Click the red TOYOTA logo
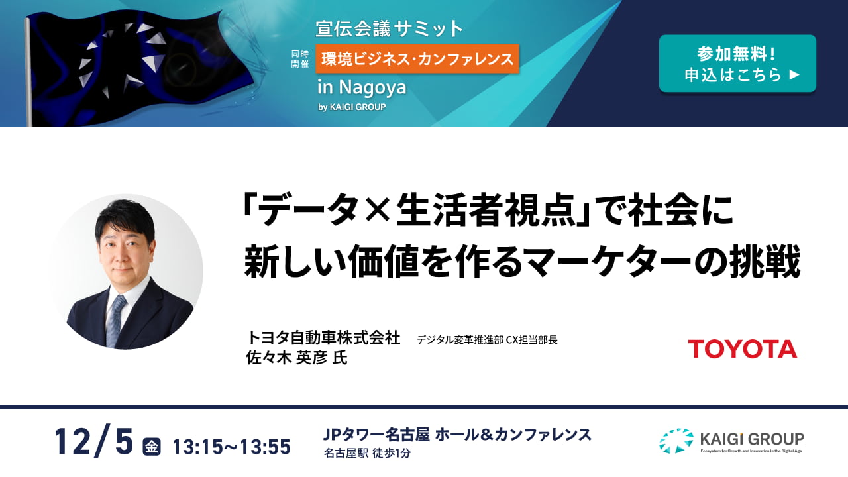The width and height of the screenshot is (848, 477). pyautogui.click(x=743, y=348)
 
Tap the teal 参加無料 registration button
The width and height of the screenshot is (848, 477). pyautogui.click(x=737, y=64)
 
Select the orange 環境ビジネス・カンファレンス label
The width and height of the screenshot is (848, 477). pyautogui.click(x=417, y=59)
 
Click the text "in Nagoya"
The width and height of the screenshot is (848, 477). pyautogui.click(x=362, y=87)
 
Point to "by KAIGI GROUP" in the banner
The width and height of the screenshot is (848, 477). pyautogui.click(x=352, y=107)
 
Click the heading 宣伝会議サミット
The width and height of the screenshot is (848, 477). pyautogui.click(x=389, y=28)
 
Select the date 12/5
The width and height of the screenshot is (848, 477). pyautogui.click(x=94, y=441)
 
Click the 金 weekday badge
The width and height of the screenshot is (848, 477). pyautogui.click(x=152, y=447)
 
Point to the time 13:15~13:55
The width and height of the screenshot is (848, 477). pyautogui.click(x=232, y=447)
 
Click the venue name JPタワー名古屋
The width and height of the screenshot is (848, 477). pyautogui.click(x=376, y=435)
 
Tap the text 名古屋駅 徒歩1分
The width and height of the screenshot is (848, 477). pyautogui.click(x=367, y=453)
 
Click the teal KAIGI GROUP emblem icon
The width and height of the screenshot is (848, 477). pyautogui.click(x=676, y=441)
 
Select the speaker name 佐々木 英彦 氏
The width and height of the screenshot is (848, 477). pyautogui.click(x=297, y=357)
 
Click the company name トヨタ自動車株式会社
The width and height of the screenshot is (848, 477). pyautogui.click(x=323, y=338)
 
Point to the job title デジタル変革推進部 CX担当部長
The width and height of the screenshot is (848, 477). pyautogui.click(x=487, y=340)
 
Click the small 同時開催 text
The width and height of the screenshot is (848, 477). pyautogui.click(x=300, y=59)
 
